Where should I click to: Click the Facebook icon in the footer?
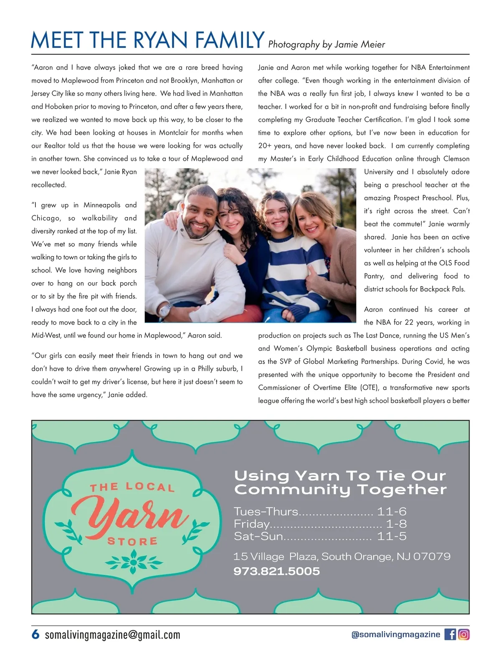click(450, 634)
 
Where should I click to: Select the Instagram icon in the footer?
click(464, 634)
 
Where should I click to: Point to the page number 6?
click(35, 634)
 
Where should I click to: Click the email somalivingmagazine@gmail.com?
click(112, 635)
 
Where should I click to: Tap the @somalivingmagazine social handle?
click(396, 634)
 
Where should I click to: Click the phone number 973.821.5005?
click(276, 571)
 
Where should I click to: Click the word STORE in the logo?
click(132, 541)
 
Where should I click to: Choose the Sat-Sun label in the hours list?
click(258, 536)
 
